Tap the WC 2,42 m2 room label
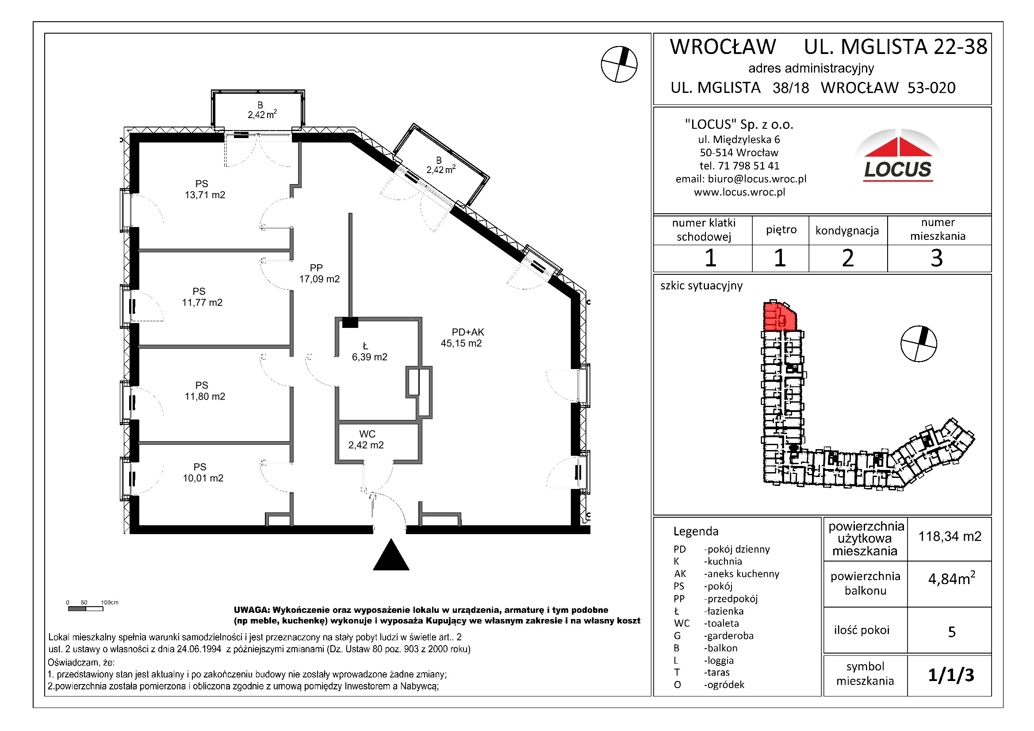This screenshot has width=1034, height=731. point(366,440)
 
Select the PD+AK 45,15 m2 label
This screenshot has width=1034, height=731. point(462,338)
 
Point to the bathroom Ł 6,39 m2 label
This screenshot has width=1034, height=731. point(369,352)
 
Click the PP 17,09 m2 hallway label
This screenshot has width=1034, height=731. point(319,273)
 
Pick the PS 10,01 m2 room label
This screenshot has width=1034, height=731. point(203,473)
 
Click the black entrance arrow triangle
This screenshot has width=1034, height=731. point(391,556)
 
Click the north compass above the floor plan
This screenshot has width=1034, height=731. point(619,65)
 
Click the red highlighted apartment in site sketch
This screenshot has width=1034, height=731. point(779,317)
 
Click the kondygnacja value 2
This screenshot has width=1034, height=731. point(847,258)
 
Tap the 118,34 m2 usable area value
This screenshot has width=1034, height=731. point(950,536)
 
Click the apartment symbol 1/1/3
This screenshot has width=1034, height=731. point(951,675)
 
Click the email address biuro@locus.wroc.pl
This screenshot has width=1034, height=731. point(757,179)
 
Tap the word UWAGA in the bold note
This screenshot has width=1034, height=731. point(251,610)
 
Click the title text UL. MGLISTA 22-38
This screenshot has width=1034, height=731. point(895,47)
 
